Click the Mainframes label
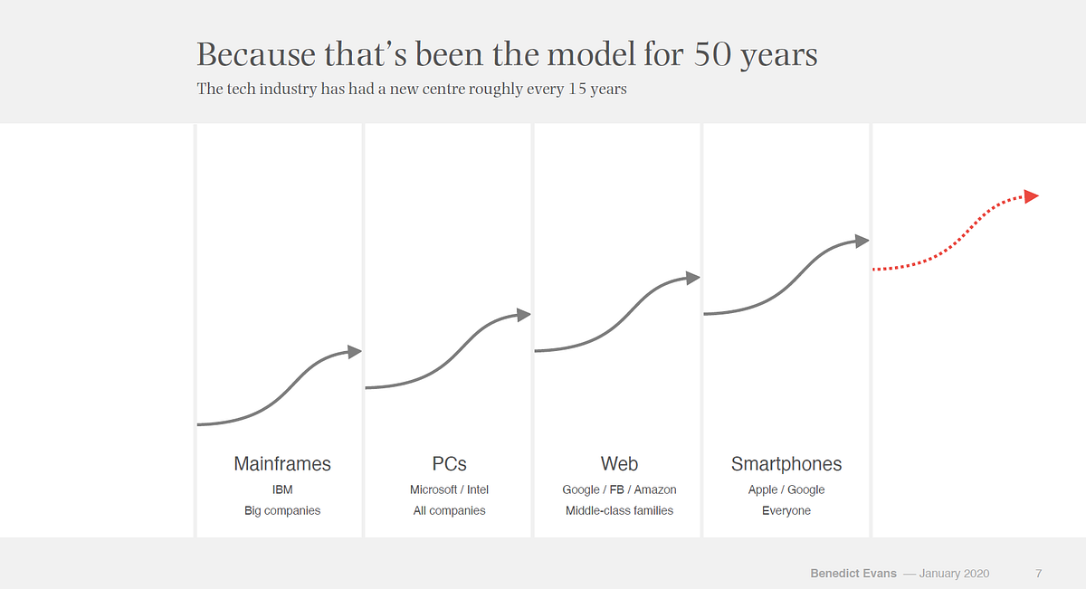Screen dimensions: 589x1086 coord(282,464)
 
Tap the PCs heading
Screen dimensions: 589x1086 coord(449,464)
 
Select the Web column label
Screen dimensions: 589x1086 coord(619,464)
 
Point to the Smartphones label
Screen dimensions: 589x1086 coord(786,464)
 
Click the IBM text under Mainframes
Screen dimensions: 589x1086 coord(282,489)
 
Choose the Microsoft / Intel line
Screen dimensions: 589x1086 coord(449,489)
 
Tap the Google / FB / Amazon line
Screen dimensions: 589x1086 coord(619,489)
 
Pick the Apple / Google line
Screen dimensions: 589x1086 coord(786,489)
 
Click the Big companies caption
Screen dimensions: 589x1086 coord(282,511)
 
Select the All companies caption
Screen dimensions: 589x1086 coord(449,511)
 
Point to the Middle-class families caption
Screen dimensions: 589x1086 coord(619,511)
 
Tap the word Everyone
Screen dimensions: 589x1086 coord(786,511)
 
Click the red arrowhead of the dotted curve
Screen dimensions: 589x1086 coord(1031,195)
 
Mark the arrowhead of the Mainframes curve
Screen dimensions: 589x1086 coord(355,351)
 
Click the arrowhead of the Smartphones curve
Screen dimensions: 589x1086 coord(862,241)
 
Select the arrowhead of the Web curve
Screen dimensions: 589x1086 coord(693,278)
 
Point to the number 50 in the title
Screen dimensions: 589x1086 coord(714,55)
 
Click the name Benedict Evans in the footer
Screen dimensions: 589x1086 coord(853,574)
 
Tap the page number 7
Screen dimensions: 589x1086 coord(1039,574)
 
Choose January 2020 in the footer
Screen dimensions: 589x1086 coord(954,574)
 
